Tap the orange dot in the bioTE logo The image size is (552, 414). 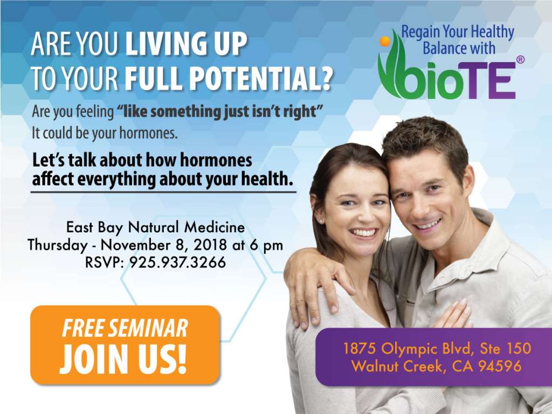[385, 41]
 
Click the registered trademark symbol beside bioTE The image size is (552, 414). [520, 59]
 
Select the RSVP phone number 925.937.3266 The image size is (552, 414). [178, 263]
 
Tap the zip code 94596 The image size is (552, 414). [500, 367]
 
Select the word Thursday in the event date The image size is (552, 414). [57, 245]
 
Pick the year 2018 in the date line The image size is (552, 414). [210, 245]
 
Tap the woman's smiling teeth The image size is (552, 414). [363, 232]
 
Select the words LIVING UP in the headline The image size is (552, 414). [186, 44]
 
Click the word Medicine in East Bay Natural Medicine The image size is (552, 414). [215, 227]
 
